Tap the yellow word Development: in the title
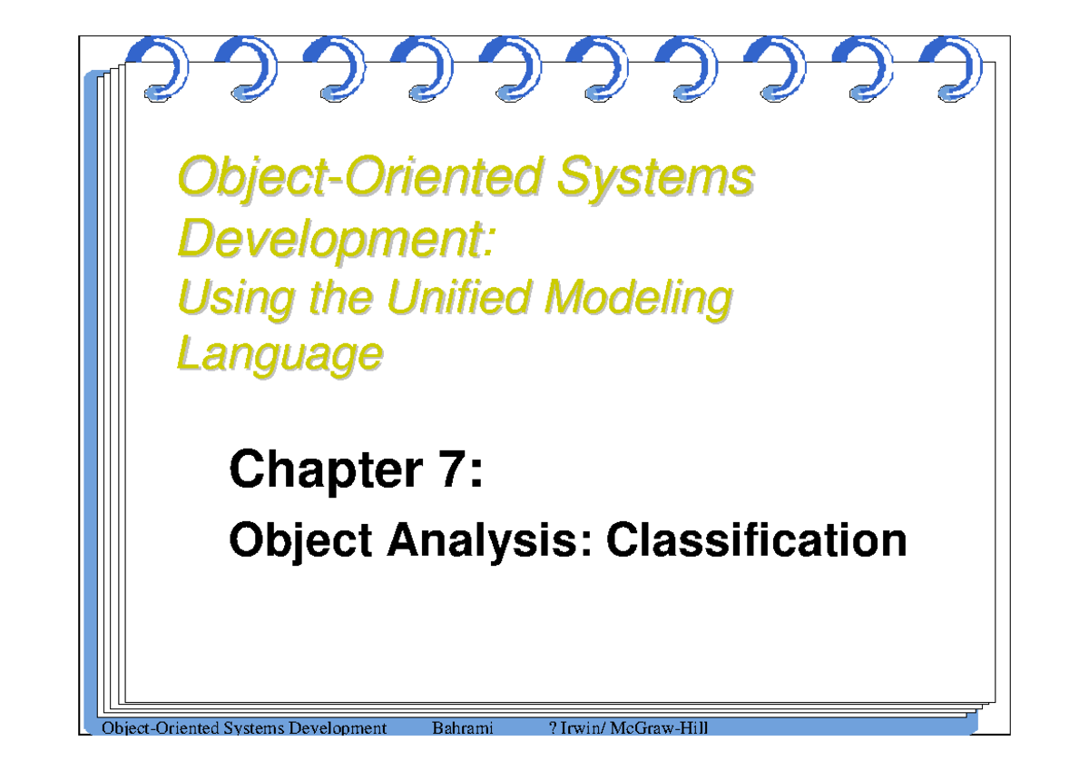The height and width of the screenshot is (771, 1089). click(337, 239)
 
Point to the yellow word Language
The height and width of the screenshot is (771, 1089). click(279, 353)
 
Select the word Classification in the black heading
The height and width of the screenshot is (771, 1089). click(756, 541)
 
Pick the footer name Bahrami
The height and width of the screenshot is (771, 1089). click(463, 728)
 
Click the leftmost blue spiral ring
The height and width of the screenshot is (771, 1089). click(163, 68)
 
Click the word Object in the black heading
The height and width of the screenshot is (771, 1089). click(300, 541)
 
